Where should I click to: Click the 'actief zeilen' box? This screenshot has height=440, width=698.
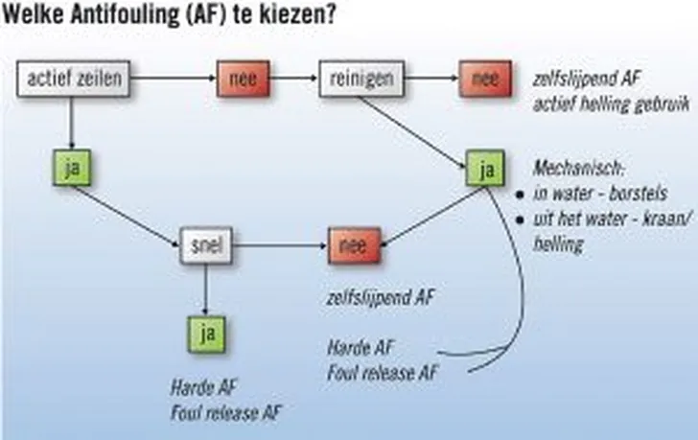pyautogui.click(x=73, y=80)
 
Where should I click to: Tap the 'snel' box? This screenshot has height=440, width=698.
pyautogui.click(x=206, y=245)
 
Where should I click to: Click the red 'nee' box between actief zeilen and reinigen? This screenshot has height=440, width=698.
pyautogui.click(x=244, y=80)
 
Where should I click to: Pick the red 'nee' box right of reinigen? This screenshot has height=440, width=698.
pyautogui.click(x=485, y=80)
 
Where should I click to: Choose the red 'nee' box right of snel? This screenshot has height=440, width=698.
pyautogui.click(x=355, y=244)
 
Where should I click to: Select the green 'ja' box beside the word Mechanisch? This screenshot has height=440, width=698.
pyautogui.click(x=486, y=170)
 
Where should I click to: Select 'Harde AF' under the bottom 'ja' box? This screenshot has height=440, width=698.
pyautogui.click(x=203, y=389)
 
